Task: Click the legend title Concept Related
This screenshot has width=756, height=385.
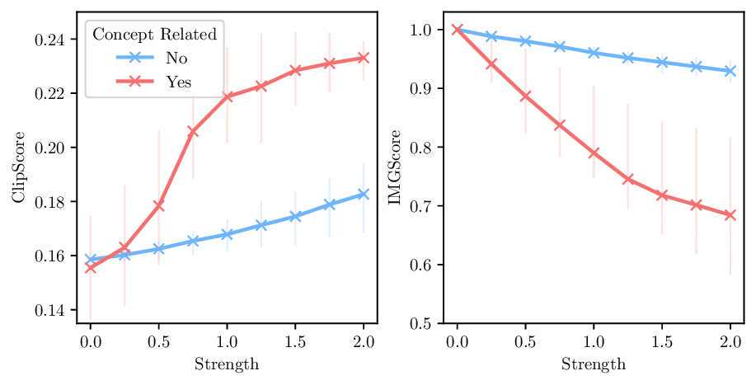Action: [155, 35]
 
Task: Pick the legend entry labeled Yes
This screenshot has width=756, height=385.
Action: [179, 81]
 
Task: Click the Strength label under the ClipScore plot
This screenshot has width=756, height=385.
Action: [227, 364]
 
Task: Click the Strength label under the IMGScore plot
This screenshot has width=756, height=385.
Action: [593, 364]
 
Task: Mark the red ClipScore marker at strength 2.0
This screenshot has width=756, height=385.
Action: [364, 58]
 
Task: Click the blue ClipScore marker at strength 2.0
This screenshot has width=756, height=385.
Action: [364, 194]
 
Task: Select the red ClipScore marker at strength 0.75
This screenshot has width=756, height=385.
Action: [193, 131]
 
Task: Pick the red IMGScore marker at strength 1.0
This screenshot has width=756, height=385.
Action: [594, 153]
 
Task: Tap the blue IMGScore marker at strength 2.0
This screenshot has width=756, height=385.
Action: [730, 71]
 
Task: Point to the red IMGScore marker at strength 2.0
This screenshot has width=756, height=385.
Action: [730, 215]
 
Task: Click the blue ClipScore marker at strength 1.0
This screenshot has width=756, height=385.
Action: [227, 234]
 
